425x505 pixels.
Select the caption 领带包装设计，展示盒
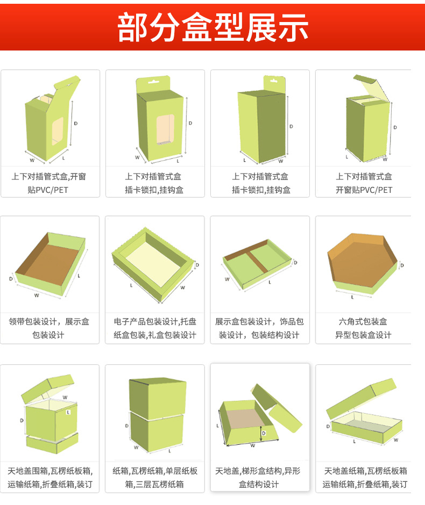49,322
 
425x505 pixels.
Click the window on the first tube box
57,131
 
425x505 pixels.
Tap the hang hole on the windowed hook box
155,84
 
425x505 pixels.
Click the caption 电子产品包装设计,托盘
155,322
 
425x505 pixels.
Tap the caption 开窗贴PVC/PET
364,190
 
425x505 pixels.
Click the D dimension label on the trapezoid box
264,432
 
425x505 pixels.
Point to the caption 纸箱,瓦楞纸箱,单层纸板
155,471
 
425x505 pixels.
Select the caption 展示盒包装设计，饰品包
259,322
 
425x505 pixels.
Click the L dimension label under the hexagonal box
352,297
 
